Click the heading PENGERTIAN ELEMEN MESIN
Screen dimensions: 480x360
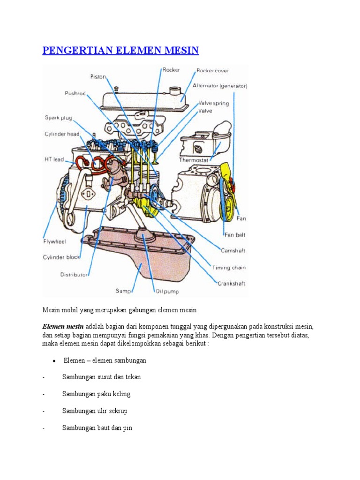(x=120, y=50)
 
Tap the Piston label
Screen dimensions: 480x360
(x=98, y=77)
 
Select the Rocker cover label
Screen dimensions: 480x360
(x=212, y=71)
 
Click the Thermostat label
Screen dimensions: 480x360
(x=194, y=159)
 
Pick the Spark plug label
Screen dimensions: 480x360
(x=58, y=118)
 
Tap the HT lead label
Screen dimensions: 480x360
(x=54, y=159)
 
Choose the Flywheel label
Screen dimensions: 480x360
(x=54, y=242)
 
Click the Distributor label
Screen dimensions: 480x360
(x=74, y=275)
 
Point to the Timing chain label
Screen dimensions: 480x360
(x=229, y=268)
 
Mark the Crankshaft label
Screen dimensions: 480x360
(x=231, y=283)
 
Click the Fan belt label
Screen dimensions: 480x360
(x=235, y=235)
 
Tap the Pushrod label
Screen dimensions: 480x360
(x=75, y=93)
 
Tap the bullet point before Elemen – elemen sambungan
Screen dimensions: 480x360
(x=54, y=361)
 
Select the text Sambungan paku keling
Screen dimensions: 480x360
(x=96, y=394)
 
